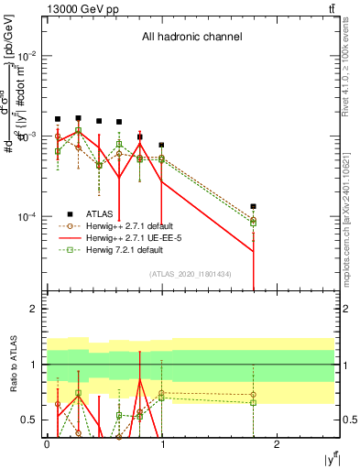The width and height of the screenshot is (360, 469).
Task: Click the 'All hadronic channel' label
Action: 191,38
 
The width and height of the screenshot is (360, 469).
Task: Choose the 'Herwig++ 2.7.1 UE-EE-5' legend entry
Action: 137,237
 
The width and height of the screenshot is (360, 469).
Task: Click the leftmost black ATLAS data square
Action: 58,119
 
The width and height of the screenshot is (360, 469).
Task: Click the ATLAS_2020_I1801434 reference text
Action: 190,274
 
